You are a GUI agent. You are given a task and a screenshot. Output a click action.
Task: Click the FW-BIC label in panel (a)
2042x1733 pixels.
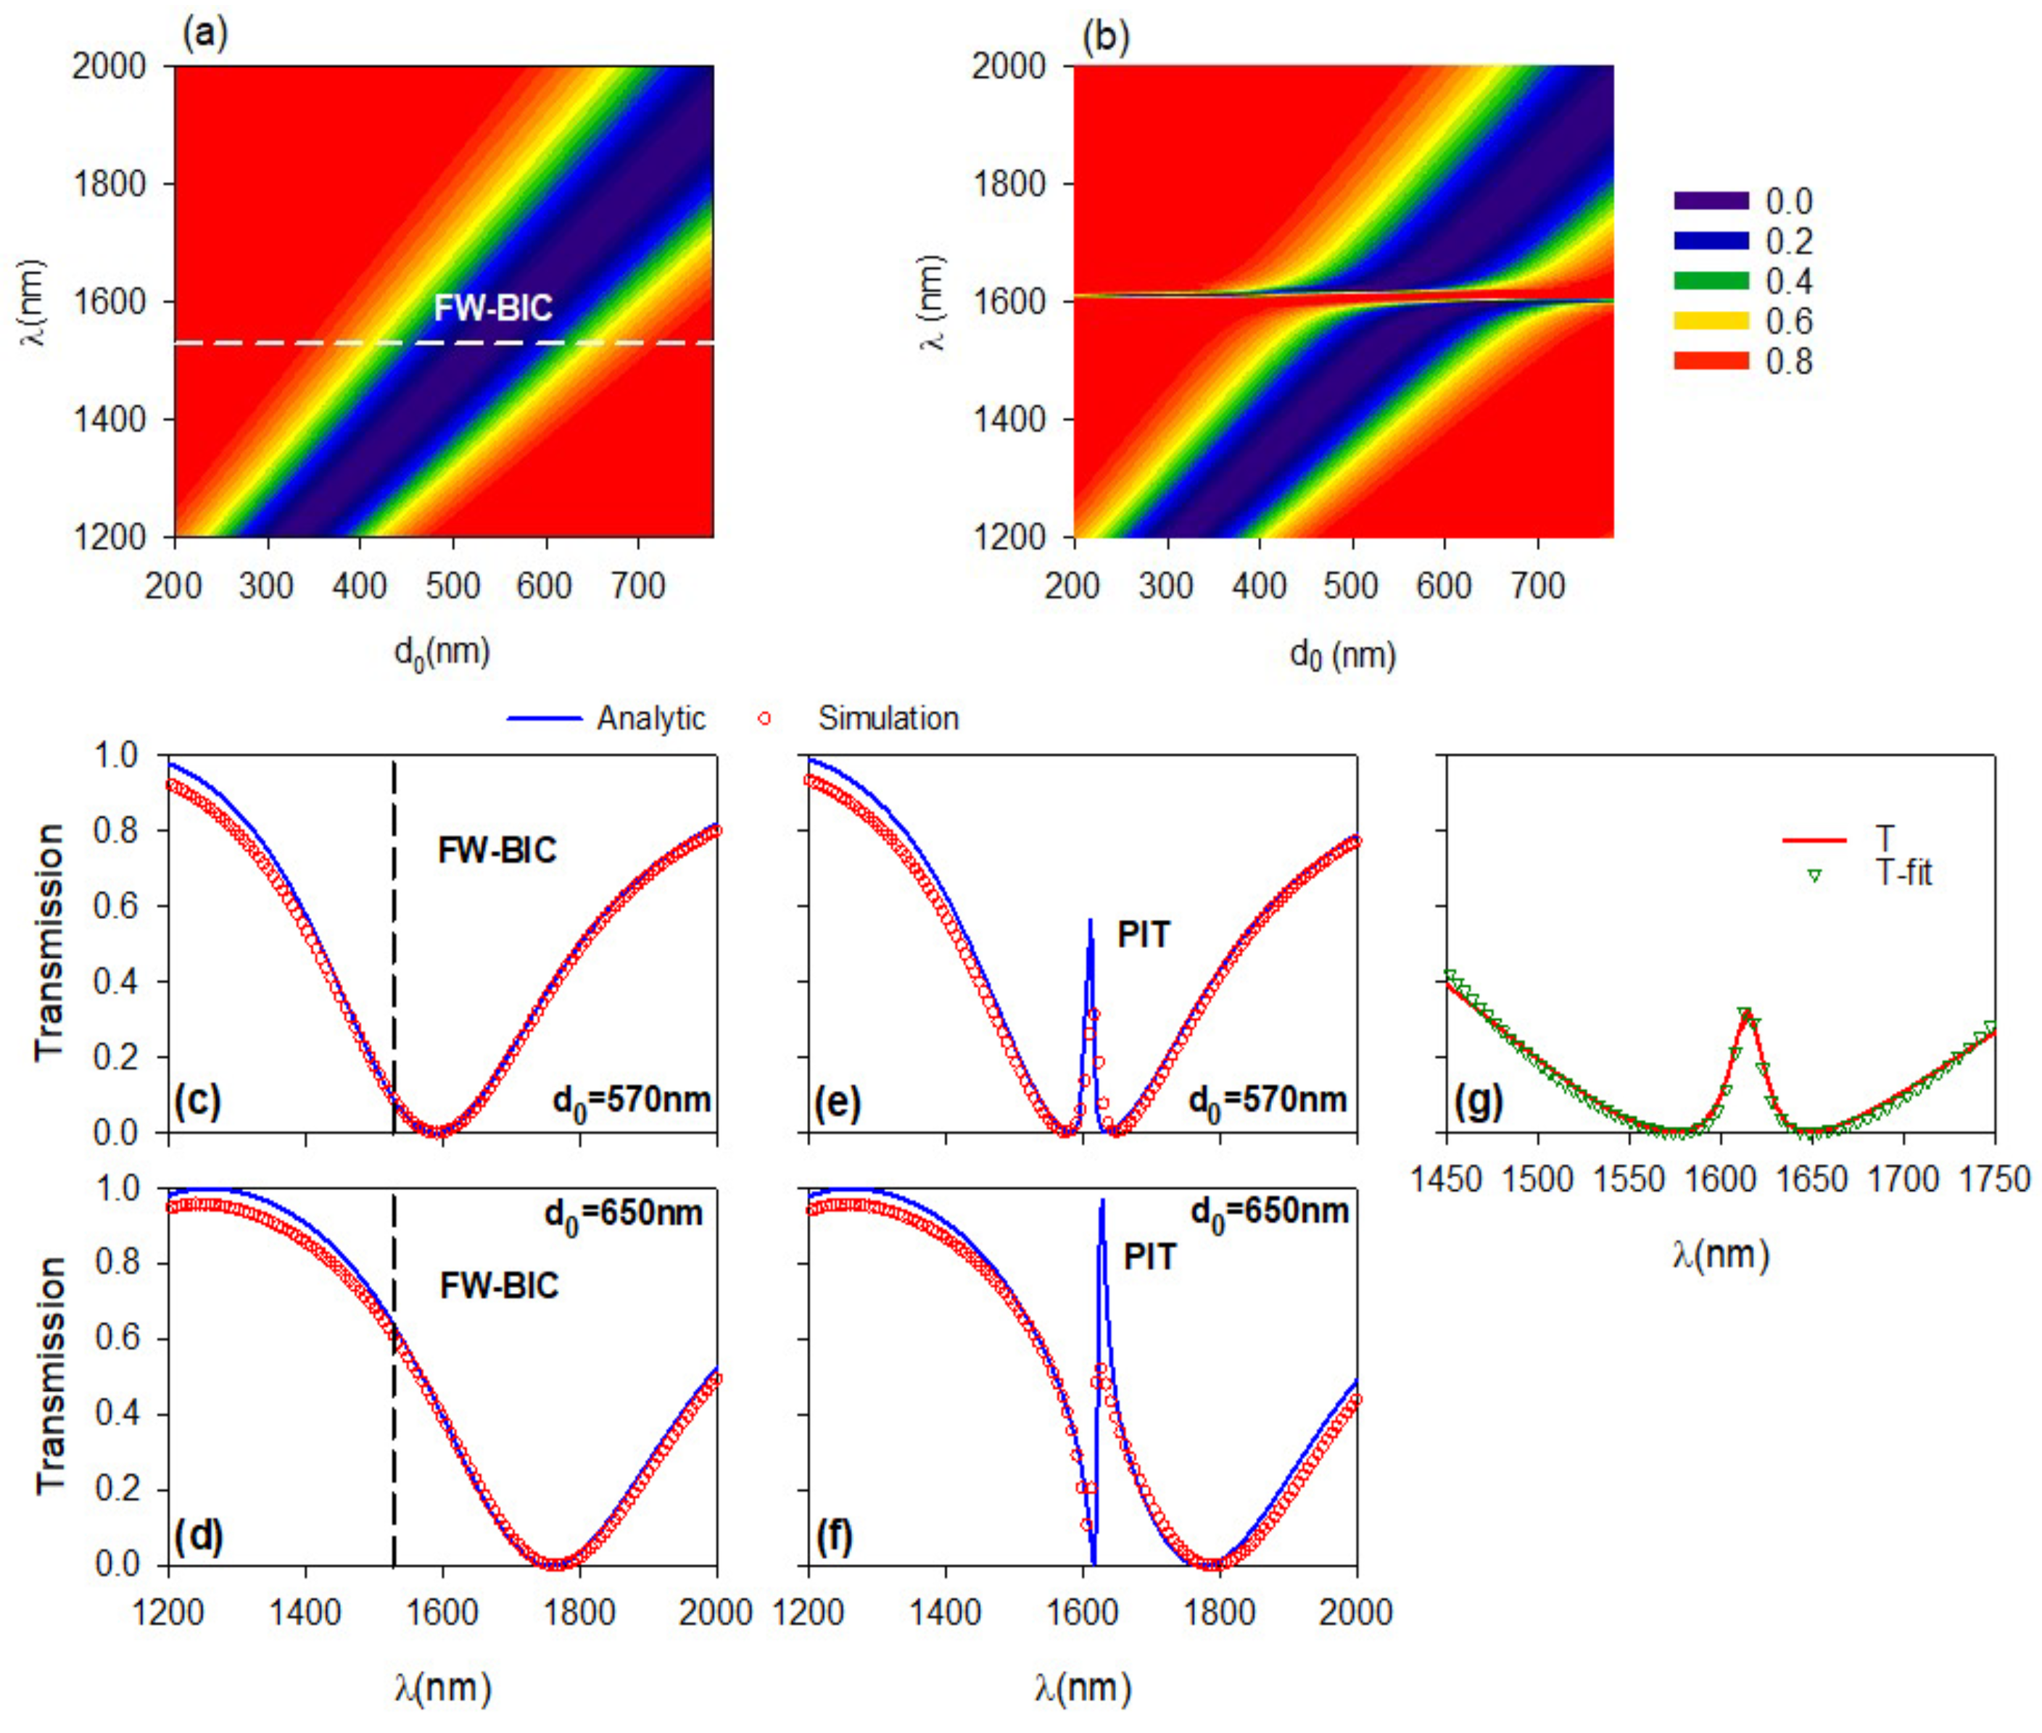coord(493,309)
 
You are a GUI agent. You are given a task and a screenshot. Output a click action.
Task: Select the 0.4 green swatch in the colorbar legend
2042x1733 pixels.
coord(1711,281)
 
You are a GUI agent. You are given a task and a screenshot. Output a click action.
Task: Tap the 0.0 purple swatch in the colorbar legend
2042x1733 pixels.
coord(1711,201)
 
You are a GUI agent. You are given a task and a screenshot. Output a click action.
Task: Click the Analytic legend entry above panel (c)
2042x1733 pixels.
coord(606,718)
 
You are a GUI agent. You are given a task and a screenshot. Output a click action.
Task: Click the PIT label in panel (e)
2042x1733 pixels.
coord(1144,934)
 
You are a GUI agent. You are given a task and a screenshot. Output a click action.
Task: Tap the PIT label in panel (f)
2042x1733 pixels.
coord(1150,1257)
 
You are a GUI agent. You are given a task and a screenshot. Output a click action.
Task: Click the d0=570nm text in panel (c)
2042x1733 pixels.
coord(632,1100)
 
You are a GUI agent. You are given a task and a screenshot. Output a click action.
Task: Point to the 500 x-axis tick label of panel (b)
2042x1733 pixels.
coord(1351,586)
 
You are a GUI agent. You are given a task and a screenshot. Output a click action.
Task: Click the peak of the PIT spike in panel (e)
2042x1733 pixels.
coord(1090,920)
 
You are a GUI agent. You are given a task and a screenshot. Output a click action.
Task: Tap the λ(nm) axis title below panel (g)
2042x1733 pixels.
coord(1721,1255)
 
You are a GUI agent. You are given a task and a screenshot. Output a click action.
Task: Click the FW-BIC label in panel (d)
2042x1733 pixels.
coord(499,1285)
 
